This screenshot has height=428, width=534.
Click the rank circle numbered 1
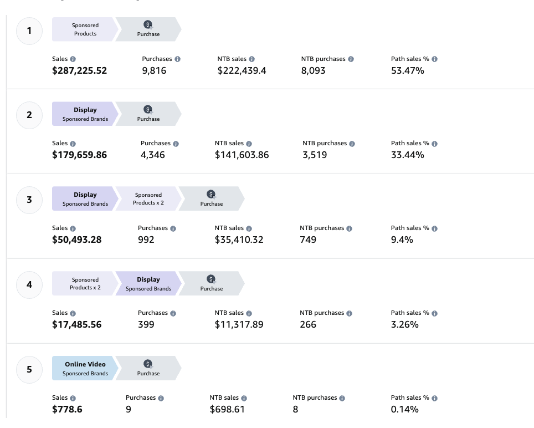coord(29,30)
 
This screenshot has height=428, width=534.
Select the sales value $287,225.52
coord(79,70)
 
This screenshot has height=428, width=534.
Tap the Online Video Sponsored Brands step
coord(84,369)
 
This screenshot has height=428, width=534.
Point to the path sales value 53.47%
coord(407,70)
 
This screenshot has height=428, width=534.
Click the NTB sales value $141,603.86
coord(242,155)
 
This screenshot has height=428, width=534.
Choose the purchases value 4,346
coord(153,155)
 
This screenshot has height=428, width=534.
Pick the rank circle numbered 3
coord(29,200)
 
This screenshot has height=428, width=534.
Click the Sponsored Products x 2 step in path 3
coord(148,199)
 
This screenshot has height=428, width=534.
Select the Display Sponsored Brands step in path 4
coord(148,284)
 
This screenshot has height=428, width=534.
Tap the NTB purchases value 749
coord(308,240)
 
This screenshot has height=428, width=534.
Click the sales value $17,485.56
coord(76,325)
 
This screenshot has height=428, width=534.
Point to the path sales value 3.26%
coord(404,325)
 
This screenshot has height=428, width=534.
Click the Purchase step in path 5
coord(148,369)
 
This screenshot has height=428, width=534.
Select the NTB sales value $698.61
coord(227,410)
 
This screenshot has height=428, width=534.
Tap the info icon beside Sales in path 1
coord(73,59)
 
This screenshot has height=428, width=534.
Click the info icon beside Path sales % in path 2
coord(434,144)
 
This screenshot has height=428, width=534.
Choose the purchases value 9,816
coord(154,70)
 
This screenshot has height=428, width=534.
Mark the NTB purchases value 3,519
coord(315,155)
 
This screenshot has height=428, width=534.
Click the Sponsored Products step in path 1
coord(85,29)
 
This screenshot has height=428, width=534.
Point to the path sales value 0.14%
coord(404,410)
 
